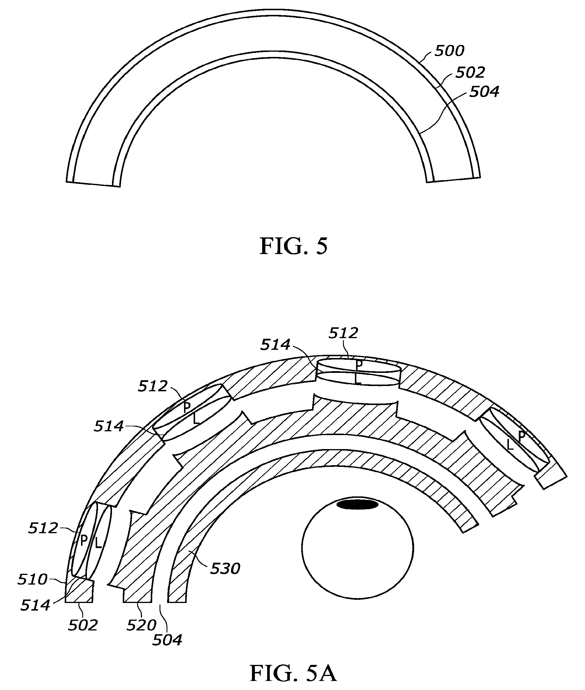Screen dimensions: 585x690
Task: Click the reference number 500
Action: coord(449,51)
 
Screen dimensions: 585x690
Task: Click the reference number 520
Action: coord(141,625)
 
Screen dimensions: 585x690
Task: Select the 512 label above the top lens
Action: coord(343,333)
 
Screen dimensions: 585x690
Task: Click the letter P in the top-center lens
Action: coord(359,365)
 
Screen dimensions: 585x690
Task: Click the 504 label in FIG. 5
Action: coord(484,92)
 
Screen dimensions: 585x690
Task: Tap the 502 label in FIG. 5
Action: coord(470,72)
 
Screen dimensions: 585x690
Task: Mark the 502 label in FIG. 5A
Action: coord(83,625)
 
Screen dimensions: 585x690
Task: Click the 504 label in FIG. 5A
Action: coord(167,640)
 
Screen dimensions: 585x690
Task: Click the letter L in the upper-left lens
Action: coord(196,419)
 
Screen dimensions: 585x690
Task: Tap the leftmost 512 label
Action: coord(43,528)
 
